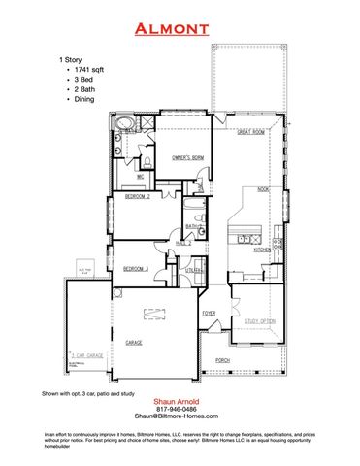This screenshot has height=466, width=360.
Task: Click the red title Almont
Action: pos(179,30)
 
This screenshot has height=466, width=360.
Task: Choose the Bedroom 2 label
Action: pos(138,197)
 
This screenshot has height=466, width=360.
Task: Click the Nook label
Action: pos(263,190)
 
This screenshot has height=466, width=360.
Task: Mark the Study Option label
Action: pos(260,319)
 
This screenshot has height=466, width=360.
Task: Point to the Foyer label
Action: pos(209,314)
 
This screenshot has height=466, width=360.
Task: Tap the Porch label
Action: pos(223,359)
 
